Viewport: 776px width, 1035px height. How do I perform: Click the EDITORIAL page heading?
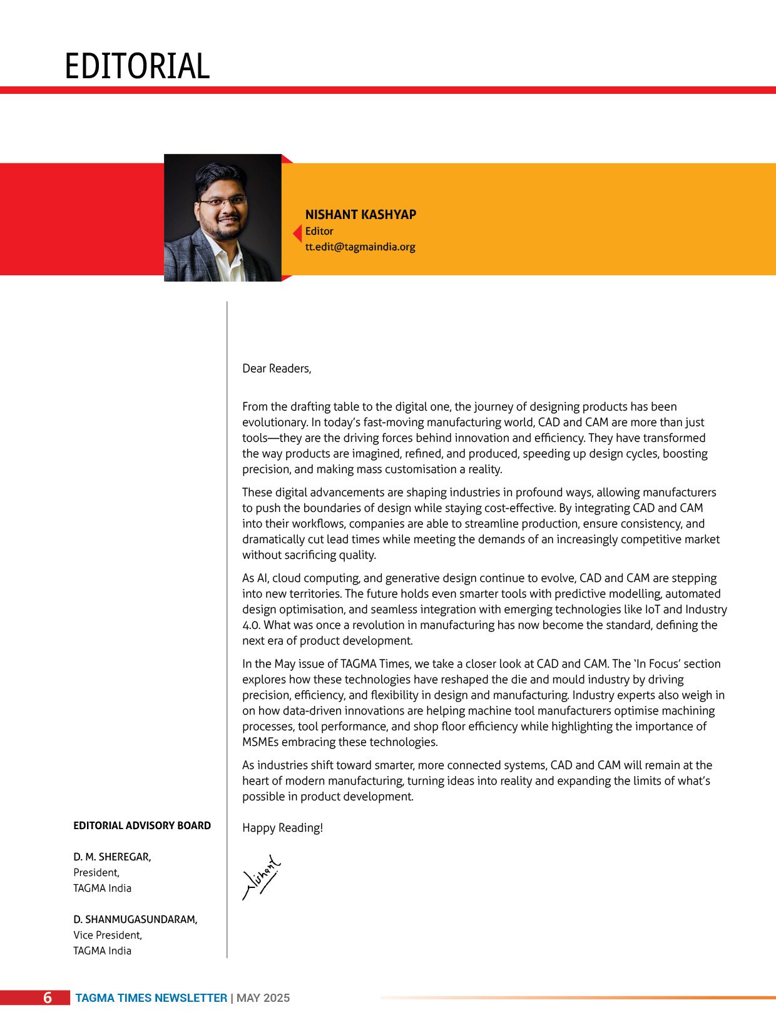coord(137,66)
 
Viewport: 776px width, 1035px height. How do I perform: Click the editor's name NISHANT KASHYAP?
coord(360,215)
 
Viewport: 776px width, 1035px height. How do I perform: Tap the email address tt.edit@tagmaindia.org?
coord(360,247)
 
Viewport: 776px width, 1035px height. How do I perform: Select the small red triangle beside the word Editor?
coord(298,233)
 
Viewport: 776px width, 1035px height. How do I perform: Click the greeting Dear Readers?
coord(277,369)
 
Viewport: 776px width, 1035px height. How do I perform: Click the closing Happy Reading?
coord(282,828)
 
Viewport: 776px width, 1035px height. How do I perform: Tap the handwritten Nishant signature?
coord(262,877)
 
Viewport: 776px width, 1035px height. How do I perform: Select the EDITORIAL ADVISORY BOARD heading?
coord(142,825)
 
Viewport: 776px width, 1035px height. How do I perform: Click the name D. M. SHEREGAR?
coord(112,857)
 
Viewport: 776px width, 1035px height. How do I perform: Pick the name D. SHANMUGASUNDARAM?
coord(135,919)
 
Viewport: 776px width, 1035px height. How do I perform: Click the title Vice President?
coord(108,935)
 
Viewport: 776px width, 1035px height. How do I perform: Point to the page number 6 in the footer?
coord(48,997)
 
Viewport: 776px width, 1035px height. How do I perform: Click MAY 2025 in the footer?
coord(263,998)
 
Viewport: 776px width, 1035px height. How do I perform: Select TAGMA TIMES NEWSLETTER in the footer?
coord(151,998)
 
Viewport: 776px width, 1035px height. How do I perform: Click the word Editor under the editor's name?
coord(319,231)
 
